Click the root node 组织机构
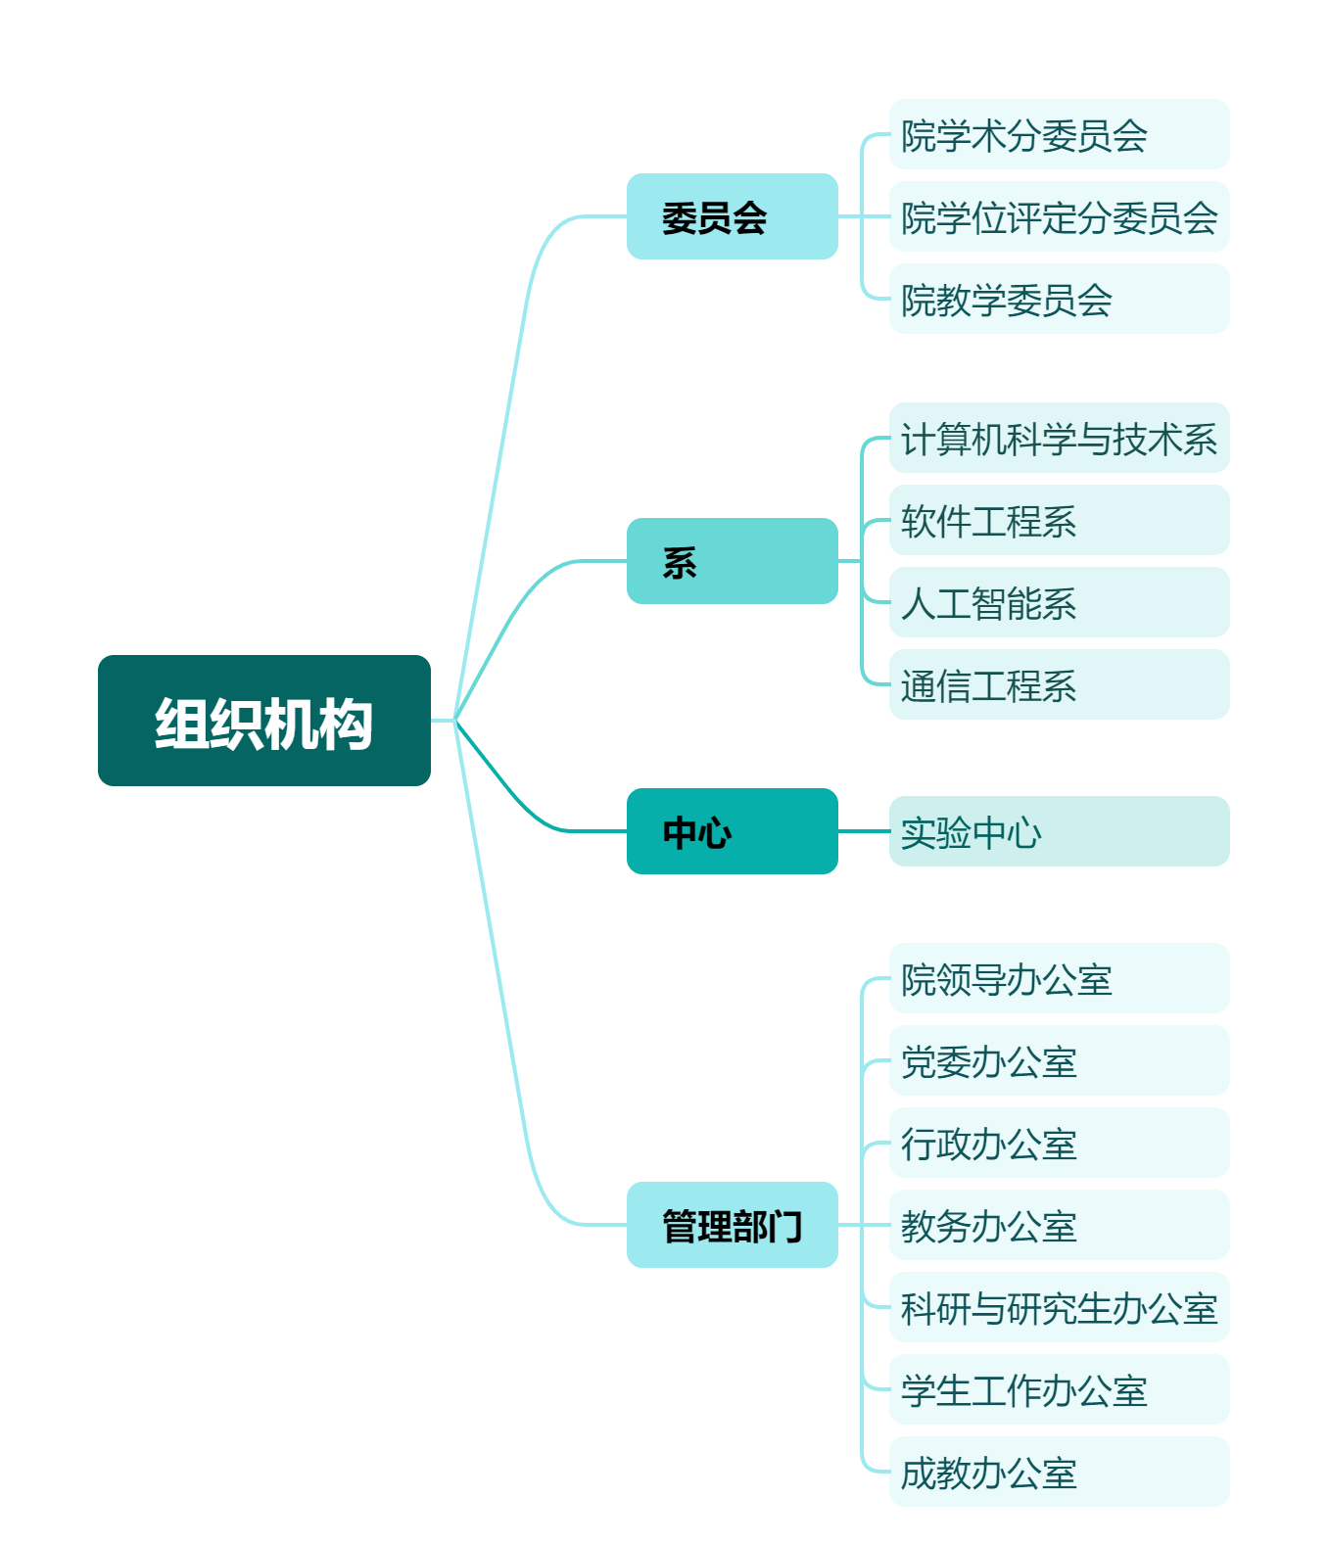pos(263,721)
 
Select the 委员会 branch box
pos(732,216)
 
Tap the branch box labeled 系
pos(732,561)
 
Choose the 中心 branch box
pos(732,831)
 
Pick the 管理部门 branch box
pos(732,1225)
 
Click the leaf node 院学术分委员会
pos(1058,134)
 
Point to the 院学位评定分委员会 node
pos(1058,216)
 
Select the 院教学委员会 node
pos(1058,299)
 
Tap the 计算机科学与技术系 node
pos(1058,438)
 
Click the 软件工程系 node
pos(1058,520)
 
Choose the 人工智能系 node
pos(1058,602)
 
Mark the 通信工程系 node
pos(1058,684)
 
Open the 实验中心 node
pos(1058,831)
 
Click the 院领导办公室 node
pos(1058,978)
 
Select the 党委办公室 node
pos(1058,1060)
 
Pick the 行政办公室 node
pos(1058,1143)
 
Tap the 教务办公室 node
pos(1058,1225)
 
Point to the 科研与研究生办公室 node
pos(1058,1307)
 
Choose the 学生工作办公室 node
pos(1058,1389)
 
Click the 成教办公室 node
pos(1058,1472)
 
